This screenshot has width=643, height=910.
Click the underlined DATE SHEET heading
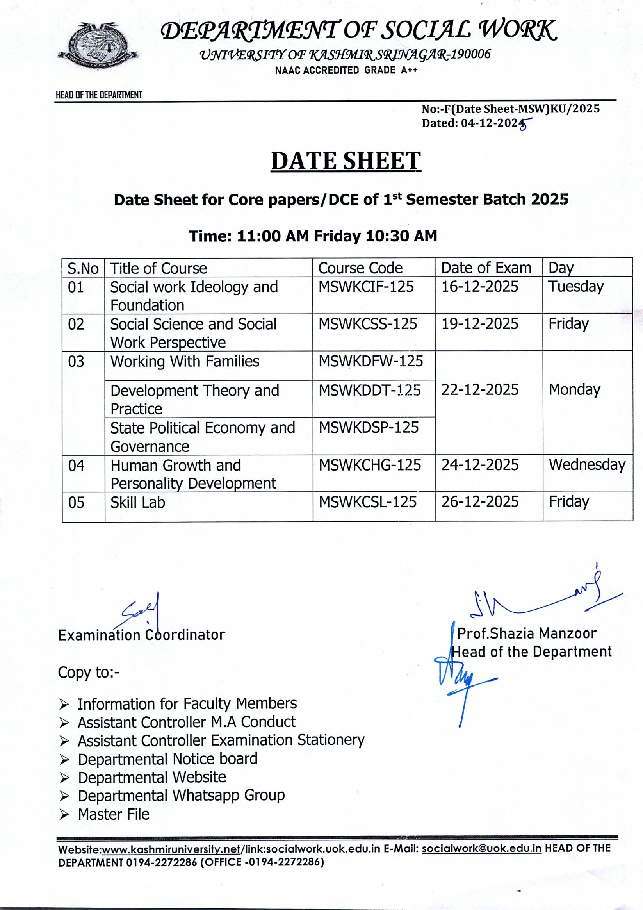[346, 161]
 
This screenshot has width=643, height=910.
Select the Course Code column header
[360, 268]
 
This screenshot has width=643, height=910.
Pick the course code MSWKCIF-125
[366, 287]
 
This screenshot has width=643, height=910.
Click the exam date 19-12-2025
[480, 324]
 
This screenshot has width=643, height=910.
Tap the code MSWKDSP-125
[369, 428]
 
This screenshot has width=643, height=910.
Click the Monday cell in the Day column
[574, 390]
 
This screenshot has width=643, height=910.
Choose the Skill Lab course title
[137, 503]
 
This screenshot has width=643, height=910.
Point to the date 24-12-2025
[480, 465]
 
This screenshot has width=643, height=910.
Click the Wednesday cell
[587, 465]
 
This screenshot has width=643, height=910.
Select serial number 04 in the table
[76, 465]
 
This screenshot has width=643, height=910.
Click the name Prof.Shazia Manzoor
[527, 633]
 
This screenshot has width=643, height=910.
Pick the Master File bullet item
[113, 814]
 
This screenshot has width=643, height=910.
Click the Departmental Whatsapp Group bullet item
[181, 795]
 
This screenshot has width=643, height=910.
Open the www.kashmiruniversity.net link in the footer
[171, 849]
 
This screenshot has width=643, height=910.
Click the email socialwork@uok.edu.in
[481, 849]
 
